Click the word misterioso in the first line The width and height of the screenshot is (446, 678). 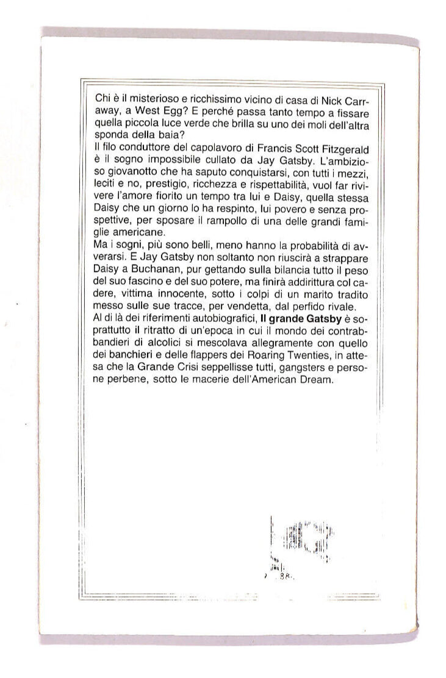(149, 100)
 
